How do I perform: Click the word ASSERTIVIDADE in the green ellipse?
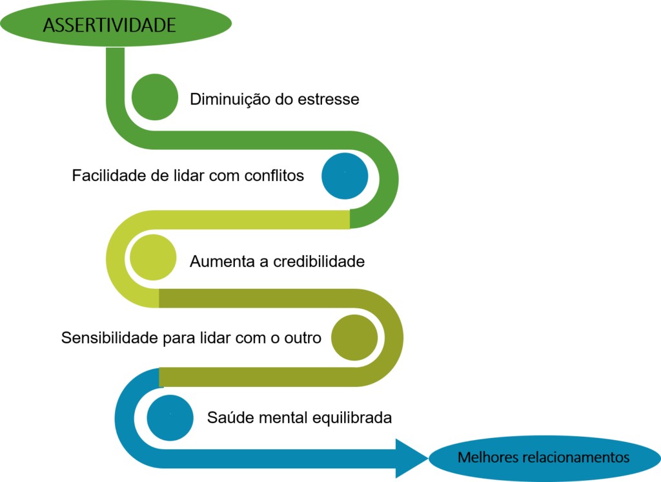click(x=109, y=25)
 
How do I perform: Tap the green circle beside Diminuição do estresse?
click(x=155, y=97)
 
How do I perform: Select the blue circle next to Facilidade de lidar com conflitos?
click(x=345, y=176)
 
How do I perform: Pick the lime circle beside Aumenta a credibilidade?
click(x=153, y=257)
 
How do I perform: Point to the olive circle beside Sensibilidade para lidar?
click(x=354, y=338)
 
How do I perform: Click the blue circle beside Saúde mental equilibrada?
click(x=170, y=418)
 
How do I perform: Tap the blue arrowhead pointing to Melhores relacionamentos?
click(x=412, y=458)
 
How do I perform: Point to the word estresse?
click(x=329, y=100)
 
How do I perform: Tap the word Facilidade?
click(x=110, y=176)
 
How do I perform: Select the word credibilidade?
click(x=319, y=262)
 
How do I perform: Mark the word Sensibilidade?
click(x=110, y=338)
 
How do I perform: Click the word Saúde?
click(x=230, y=417)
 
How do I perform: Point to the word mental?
click(x=284, y=418)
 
